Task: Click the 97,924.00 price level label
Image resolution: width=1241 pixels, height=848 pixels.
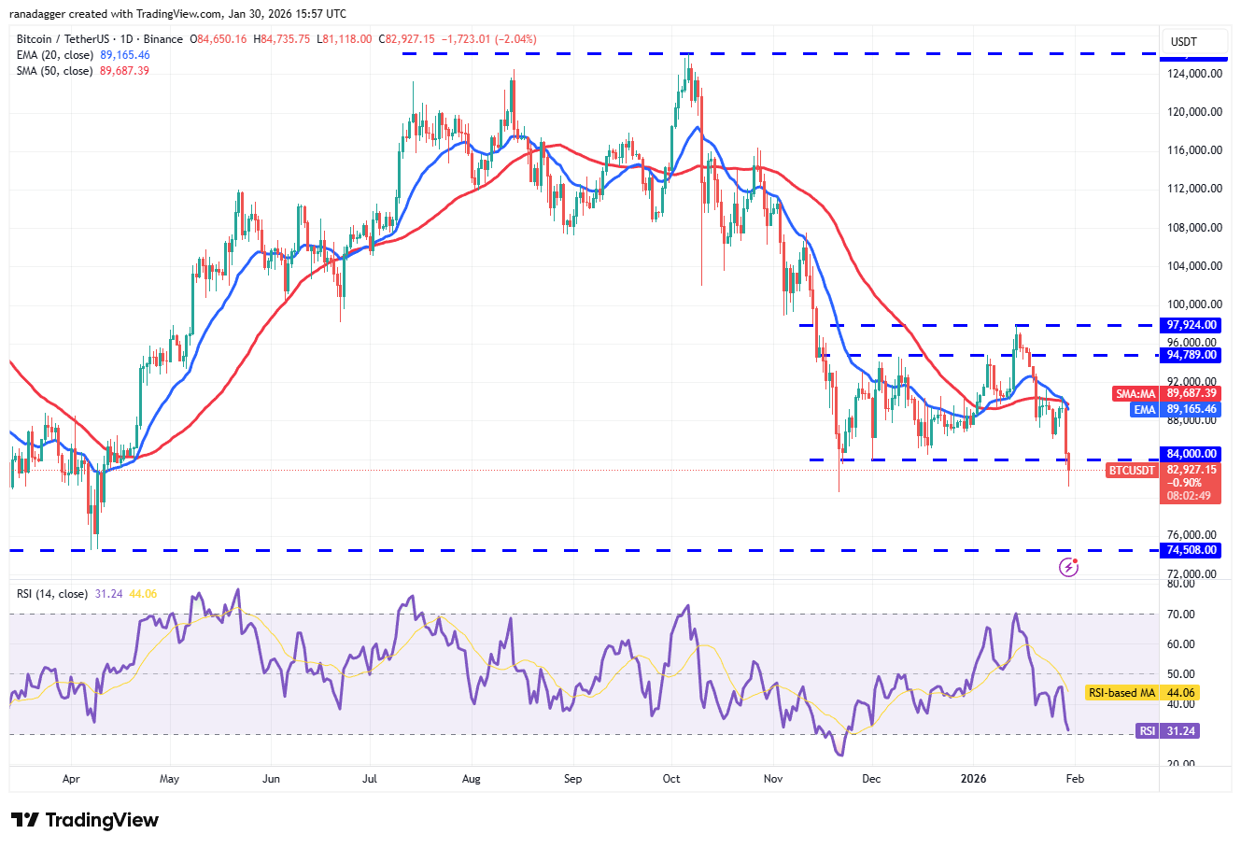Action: (1192, 325)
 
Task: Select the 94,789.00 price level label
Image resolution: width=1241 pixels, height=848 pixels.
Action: (1192, 355)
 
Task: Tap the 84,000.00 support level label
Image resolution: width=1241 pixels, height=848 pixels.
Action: (1192, 454)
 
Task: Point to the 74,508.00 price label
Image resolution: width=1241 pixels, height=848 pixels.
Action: (1192, 550)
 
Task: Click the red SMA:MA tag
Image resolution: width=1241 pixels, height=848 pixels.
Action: (1135, 394)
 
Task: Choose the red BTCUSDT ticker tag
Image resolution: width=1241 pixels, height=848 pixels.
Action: (1131, 471)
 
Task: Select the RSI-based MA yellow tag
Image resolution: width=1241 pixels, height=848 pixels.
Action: (1121, 693)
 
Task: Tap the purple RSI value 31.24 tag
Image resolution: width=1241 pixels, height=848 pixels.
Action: (1148, 731)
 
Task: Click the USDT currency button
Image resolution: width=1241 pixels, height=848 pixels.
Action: (1184, 42)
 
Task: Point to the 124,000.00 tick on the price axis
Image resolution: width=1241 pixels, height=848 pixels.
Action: (1194, 74)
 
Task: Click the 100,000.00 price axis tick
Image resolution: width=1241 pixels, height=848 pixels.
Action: (1194, 304)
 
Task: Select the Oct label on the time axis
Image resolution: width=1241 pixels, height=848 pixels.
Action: (670, 779)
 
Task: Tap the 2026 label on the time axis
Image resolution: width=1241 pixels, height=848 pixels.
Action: (974, 779)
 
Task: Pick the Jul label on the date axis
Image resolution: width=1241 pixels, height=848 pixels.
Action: (370, 779)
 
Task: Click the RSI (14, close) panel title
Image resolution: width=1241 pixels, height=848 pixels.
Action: (52, 594)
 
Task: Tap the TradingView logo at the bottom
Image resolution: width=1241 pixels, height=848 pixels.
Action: (86, 820)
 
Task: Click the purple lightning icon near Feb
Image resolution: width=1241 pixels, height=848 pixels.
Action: (1069, 567)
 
